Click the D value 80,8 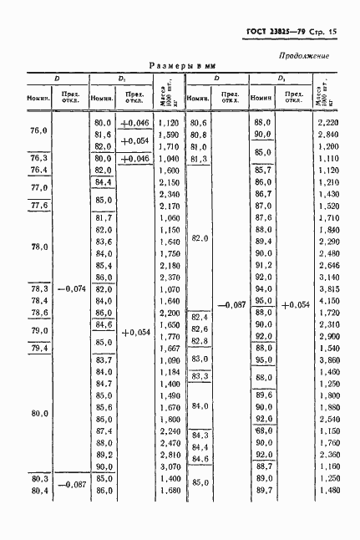tap(199, 135)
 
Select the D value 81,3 tap(199, 158)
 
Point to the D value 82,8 tap(199, 341)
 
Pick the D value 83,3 tap(199, 377)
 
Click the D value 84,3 tap(199, 435)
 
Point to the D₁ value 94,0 tap(263, 288)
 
